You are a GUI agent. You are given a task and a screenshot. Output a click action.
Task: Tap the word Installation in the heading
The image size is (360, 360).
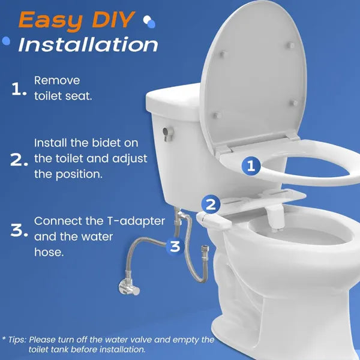[x=88, y=44]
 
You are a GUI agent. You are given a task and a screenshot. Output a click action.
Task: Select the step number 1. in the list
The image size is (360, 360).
[x=20, y=89]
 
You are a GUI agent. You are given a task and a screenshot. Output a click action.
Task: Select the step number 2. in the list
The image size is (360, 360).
[x=20, y=160]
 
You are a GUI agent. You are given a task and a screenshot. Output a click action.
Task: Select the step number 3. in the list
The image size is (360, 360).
[x=20, y=230]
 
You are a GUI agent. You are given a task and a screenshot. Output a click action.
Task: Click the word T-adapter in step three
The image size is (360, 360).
[x=132, y=221]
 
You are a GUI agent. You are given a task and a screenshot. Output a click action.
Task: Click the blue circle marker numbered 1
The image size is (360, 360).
[x=252, y=167]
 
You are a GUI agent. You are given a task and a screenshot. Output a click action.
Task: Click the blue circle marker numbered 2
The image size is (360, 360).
[x=210, y=204]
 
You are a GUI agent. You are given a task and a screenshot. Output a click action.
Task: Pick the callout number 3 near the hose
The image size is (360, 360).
[x=175, y=245]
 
